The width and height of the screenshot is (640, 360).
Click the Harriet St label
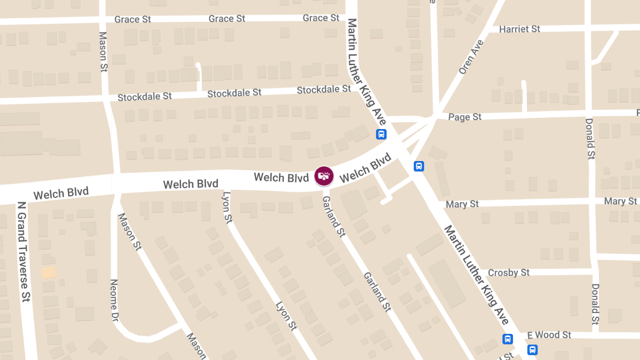(519, 29)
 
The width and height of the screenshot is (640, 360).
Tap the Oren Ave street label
(471, 57)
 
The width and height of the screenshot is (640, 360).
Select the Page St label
(465, 117)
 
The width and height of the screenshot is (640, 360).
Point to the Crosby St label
(508, 273)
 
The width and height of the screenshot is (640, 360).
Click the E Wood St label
(549, 335)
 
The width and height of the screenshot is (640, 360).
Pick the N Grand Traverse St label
(22, 251)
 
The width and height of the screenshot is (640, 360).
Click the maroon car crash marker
(324, 176)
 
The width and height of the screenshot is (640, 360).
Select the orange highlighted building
(48, 273)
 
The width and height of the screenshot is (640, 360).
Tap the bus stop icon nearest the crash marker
(381, 134)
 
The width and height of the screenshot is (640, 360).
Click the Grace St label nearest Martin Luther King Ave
(321, 18)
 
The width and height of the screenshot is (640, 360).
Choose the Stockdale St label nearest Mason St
(145, 97)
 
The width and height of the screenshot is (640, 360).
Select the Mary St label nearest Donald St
(620, 202)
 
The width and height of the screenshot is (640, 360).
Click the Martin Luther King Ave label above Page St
(366, 71)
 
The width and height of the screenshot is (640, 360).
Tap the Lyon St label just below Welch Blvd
(228, 207)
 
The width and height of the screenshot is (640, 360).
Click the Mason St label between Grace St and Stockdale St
(103, 51)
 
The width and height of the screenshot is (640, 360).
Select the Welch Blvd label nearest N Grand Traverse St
(61, 193)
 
